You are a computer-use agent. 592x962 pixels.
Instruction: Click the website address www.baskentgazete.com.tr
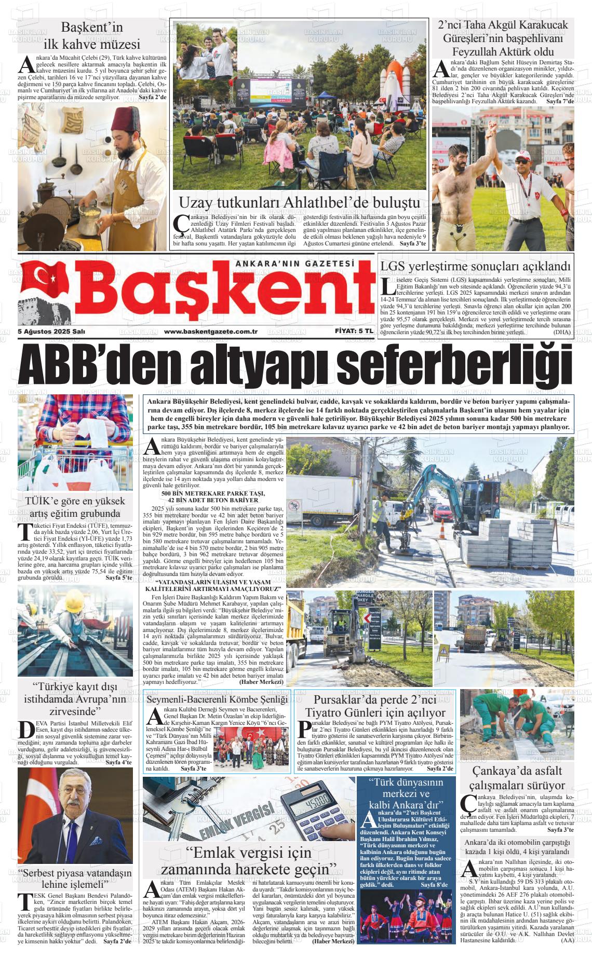211,332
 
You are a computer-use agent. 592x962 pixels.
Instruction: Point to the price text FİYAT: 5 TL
354,331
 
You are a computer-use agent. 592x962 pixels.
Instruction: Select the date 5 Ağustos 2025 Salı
51,332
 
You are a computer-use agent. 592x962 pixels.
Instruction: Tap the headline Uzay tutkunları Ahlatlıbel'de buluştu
299,203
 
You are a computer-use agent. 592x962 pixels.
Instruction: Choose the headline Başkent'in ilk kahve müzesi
92,35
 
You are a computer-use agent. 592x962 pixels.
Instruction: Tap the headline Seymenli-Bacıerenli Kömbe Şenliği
217,699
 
